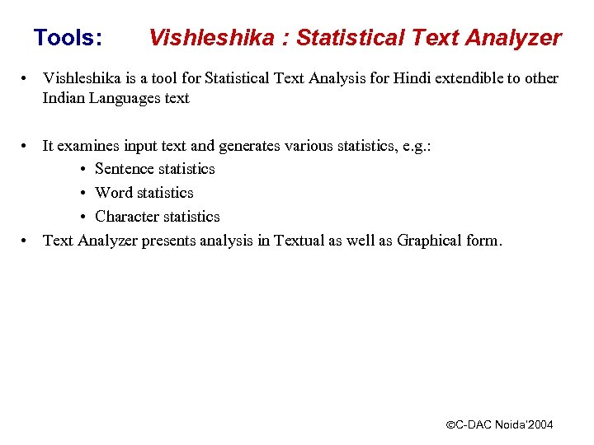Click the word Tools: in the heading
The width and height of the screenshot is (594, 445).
pyautogui.click(x=68, y=38)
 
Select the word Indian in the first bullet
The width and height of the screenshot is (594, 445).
pyautogui.click(x=64, y=98)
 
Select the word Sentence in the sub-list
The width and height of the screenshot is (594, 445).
pyautogui.click(x=124, y=169)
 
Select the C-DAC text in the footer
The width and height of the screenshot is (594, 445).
pyautogui.click(x=474, y=424)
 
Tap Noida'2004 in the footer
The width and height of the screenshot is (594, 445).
pyautogui.click(x=523, y=424)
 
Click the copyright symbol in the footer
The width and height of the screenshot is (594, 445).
pyautogui.click(x=450, y=425)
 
